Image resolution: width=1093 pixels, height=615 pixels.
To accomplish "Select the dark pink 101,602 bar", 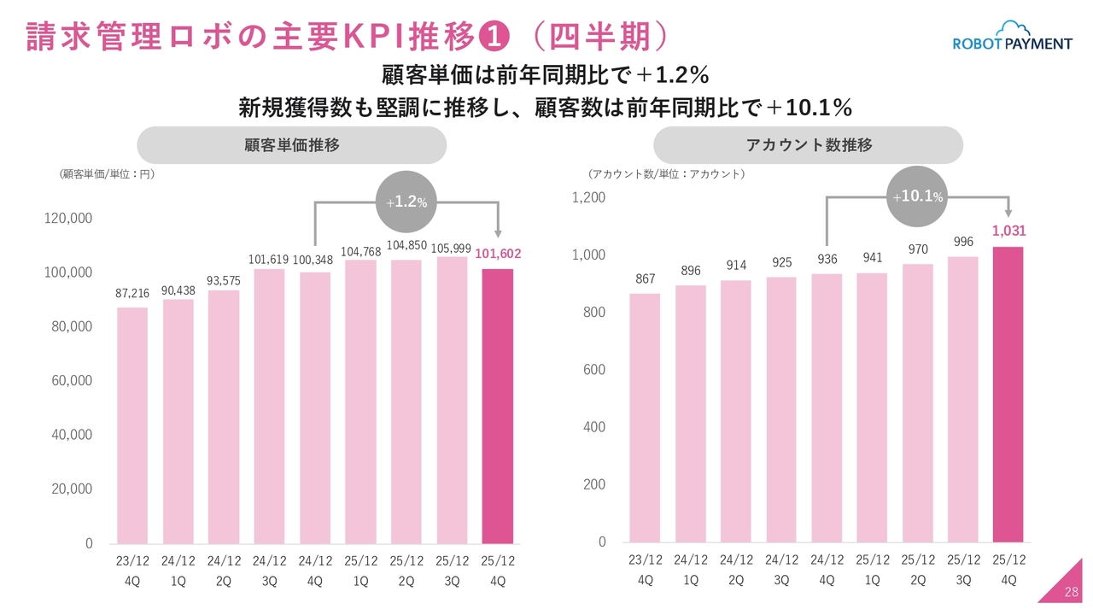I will click(498, 406).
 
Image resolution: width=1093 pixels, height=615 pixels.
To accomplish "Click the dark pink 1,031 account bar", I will click(1008, 394).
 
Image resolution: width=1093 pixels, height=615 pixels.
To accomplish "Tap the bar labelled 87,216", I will click(132, 425).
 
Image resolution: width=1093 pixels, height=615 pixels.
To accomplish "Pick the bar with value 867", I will click(645, 418).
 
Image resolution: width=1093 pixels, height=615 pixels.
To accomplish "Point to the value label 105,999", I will click(452, 248).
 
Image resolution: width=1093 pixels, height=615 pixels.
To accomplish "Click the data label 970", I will click(918, 249).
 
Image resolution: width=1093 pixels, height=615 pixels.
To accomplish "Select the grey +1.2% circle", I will click(406, 202).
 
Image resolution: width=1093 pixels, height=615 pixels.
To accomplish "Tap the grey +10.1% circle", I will click(918, 196).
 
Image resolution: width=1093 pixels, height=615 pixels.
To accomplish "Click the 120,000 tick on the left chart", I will click(68, 219).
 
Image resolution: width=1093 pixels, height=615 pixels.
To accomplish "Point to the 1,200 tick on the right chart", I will click(588, 197).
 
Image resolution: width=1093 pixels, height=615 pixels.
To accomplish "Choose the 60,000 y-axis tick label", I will click(72, 381).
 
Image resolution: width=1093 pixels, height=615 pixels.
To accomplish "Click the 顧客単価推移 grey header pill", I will click(291, 145).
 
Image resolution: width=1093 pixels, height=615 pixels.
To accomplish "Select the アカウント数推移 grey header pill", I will click(808, 145).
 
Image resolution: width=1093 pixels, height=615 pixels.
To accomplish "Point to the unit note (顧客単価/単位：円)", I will click(107, 173).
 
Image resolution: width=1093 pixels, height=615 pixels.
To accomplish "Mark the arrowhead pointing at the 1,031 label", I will click(1008, 213).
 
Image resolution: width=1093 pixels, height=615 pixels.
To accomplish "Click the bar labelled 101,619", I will click(269, 406).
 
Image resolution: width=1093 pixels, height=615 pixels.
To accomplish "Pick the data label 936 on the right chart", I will click(827, 260).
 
